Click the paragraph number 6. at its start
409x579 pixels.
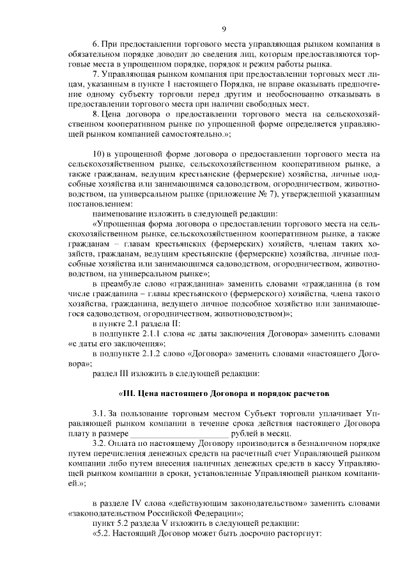pyautogui.click(x=96, y=44)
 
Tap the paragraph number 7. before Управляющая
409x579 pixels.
pyautogui.click(x=96, y=75)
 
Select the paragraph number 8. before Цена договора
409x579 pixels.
pyautogui.click(x=96, y=114)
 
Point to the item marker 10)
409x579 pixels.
pyautogui.click(x=99, y=154)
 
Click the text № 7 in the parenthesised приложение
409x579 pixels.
pyautogui.click(x=265, y=194)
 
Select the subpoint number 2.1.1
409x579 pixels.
pyautogui.click(x=151, y=333)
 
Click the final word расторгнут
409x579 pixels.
pyautogui.click(x=297, y=532)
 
